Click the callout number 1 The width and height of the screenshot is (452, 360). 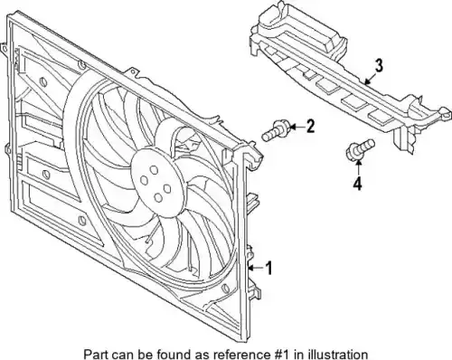(x=268, y=268)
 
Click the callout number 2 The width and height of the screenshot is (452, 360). (x=310, y=127)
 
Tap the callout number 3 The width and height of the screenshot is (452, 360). (x=379, y=66)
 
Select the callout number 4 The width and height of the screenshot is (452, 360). (x=357, y=184)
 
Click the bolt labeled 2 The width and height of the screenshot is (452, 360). (x=276, y=131)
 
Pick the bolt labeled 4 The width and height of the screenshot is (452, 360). (x=359, y=148)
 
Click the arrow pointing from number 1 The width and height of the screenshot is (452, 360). (x=256, y=267)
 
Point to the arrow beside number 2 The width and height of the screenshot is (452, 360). (x=297, y=127)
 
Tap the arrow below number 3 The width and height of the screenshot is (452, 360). (x=369, y=80)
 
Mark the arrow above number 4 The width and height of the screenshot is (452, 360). (x=358, y=167)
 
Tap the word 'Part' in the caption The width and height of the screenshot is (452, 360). (x=94, y=354)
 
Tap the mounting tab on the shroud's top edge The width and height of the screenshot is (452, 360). (x=132, y=73)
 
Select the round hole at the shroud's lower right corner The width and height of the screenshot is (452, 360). (x=225, y=289)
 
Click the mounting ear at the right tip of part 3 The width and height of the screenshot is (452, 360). (x=446, y=112)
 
